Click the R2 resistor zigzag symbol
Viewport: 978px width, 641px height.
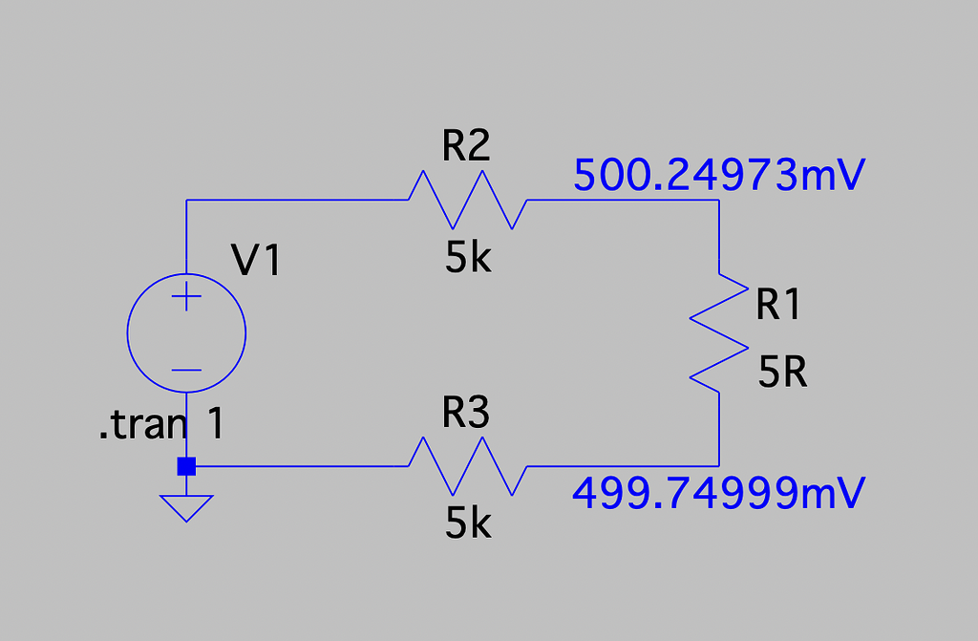click(467, 200)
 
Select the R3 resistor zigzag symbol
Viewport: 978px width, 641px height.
click(467, 466)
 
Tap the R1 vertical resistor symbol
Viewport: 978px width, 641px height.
click(718, 332)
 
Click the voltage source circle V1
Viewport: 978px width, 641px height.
click(186, 332)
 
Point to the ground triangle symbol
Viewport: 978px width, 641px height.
click(186, 506)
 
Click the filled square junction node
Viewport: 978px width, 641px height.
click(186, 466)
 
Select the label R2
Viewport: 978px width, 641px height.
click(466, 145)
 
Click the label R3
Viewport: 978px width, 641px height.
click(466, 414)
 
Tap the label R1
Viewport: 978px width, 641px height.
click(778, 305)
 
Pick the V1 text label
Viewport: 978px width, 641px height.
click(257, 260)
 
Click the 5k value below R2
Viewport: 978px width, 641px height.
click(468, 257)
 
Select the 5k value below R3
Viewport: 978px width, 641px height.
click(468, 523)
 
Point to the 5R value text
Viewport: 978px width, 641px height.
click(783, 374)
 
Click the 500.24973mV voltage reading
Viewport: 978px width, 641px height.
click(719, 175)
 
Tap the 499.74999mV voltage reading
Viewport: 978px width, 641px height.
click(719, 494)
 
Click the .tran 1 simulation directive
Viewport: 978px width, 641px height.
click(161, 425)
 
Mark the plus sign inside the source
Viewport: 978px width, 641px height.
click(186, 298)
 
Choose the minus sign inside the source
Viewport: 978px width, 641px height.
click(186, 370)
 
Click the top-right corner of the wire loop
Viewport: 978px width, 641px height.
click(718, 200)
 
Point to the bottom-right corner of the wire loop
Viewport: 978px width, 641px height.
click(718, 466)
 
